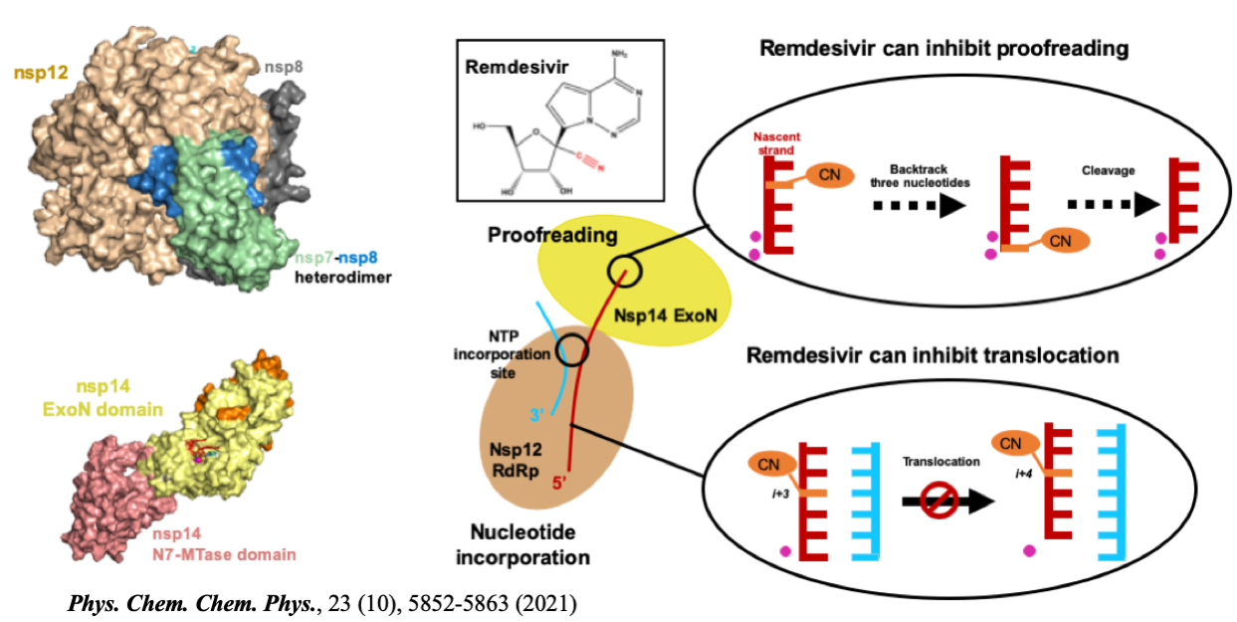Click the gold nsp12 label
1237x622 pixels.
tap(39, 71)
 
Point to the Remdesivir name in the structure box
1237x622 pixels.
tap(504, 70)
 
